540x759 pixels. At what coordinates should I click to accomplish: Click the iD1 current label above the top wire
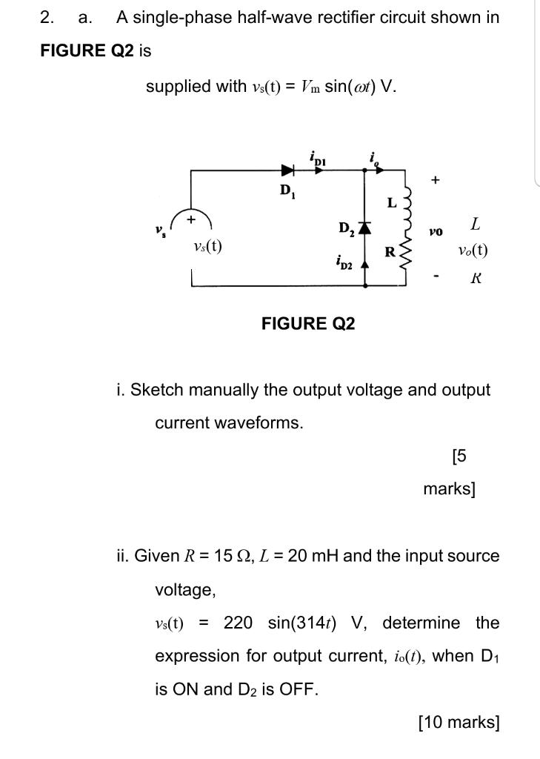pyautogui.click(x=318, y=156)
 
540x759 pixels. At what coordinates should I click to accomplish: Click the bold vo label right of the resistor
pyautogui.click(x=436, y=232)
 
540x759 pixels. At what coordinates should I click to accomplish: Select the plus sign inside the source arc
pyautogui.click(x=192, y=219)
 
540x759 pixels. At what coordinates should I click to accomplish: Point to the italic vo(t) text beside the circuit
pyautogui.click(x=473, y=250)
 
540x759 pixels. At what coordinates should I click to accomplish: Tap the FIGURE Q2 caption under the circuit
pyautogui.click(x=308, y=323)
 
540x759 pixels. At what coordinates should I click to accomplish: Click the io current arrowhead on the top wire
pyautogui.click(x=379, y=170)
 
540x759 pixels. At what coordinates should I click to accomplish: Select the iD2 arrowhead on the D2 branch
pyautogui.click(x=364, y=266)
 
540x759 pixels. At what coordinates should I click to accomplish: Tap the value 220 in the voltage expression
pyautogui.click(x=239, y=623)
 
